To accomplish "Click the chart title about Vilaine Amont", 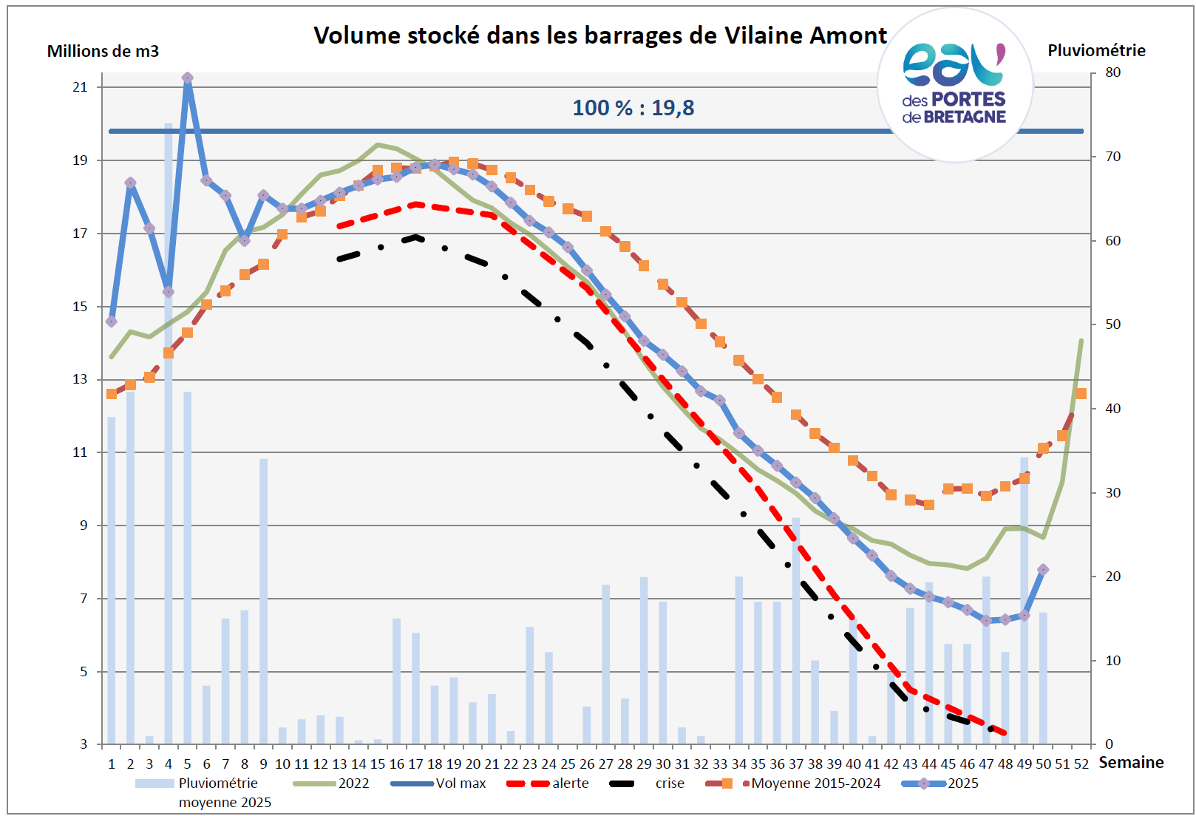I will point(599,35).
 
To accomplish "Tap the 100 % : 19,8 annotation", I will point(633,108).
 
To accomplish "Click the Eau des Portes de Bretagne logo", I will point(954,84).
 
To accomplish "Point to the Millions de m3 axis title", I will point(103,51).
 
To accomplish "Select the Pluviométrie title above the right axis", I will point(1096,50).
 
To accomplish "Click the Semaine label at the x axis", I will point(1131,762).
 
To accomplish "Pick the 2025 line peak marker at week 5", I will point(188,78).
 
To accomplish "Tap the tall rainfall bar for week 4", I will point(169,443).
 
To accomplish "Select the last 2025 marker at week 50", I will point(1043,570).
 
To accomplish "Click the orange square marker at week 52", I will point(1081,394).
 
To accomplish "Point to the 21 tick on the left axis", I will point(80,87).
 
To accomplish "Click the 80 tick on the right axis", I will point(1112,72).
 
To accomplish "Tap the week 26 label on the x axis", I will point(587,764).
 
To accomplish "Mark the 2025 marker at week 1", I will point(112,322).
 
